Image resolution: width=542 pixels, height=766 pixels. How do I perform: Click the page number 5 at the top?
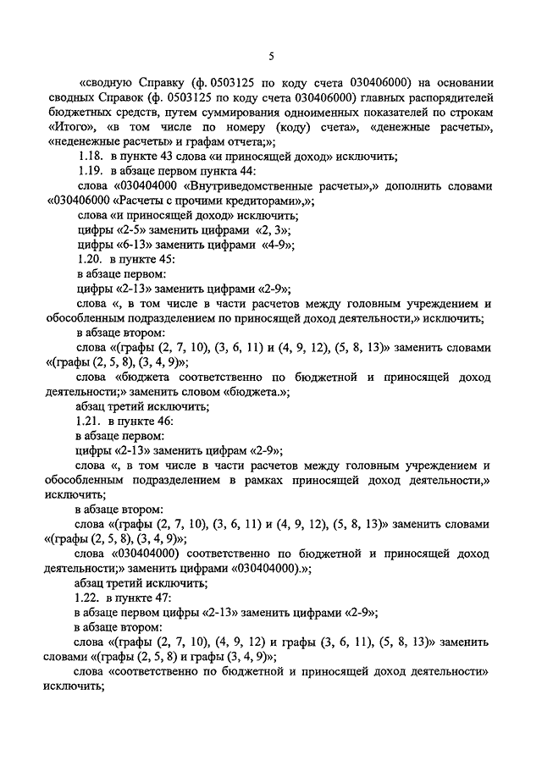pyautogui.click(x=272, y=57)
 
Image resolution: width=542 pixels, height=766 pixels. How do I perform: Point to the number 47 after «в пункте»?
pyautogui.click(x=163, y=597)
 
